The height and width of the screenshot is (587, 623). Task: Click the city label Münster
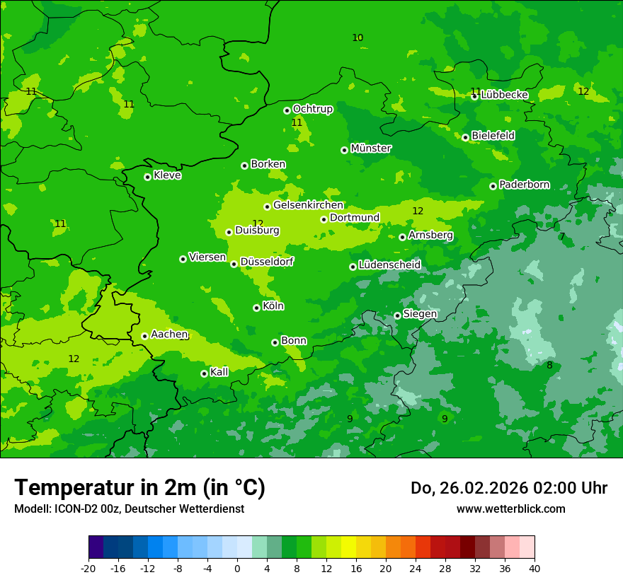click(x=370, y=149)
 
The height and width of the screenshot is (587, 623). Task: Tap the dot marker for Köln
click(x=256, y=308)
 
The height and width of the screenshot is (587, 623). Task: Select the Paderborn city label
click(x=524, y=185)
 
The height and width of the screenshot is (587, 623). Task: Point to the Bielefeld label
click(x=493, y=135)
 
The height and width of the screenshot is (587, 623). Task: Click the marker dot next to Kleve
click(x=147, y=177)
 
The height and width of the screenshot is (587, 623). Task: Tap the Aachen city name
click(x=168, y=335)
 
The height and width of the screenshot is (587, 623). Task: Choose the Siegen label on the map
click(x=420, y=314)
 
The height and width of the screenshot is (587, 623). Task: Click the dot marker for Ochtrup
click(x=287, y=110)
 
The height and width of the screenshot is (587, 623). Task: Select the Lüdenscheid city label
click(x=389, y=265)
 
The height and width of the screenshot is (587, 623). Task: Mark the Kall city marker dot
click(x=204, y=373)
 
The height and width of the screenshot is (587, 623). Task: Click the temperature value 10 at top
click(x=358, y=38)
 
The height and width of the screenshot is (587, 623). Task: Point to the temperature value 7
click(x=562, y=237)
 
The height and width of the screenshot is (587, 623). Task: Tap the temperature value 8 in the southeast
click(x=549, y=366)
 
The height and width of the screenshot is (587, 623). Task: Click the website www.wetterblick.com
click(x=510, y=509)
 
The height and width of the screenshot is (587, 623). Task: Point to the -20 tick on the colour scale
click(x=88, y=569)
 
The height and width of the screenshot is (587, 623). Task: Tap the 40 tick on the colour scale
click(x=535, y=569)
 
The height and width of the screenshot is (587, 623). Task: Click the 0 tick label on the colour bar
click(x=237, y=569)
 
